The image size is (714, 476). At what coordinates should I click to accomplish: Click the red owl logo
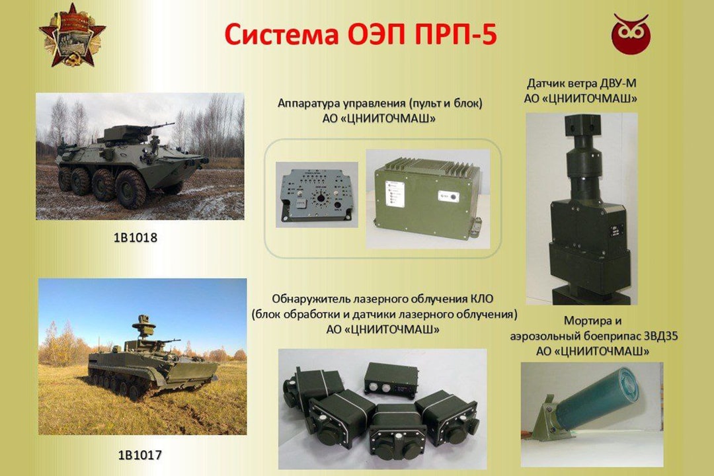[630, 34]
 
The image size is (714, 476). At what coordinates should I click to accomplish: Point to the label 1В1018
[135, 237]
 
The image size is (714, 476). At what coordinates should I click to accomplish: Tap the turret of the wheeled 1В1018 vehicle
[126, 134]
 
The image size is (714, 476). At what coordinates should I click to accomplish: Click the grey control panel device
[315, 194]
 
